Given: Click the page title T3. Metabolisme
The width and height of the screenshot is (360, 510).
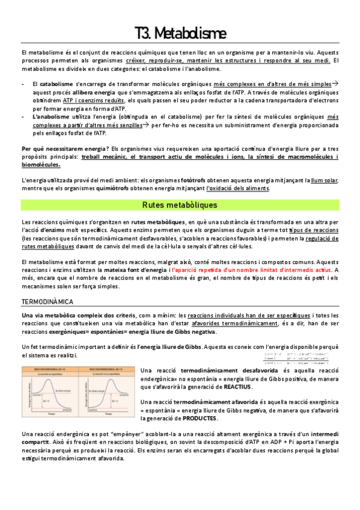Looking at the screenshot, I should tap(180, 31).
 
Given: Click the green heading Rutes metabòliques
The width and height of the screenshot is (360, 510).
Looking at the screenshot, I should tap(180, 205).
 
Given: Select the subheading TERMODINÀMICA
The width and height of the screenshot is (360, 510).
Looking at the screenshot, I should tap(47, 300).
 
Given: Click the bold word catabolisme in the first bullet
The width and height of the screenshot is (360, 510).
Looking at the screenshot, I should tap(52, 84).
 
